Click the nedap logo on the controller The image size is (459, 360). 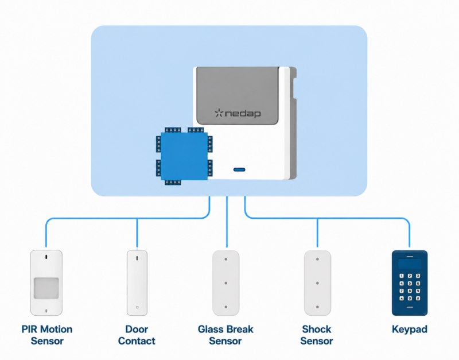[238, 113]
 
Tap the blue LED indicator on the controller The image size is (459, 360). [239, 169]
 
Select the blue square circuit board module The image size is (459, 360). [184, 156]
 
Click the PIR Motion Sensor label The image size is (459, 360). [47, 335]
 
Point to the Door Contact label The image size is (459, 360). [137, 335]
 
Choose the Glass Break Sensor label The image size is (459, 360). [225, 335]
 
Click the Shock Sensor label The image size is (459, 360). [317, 335]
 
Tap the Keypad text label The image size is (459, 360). [410, 329]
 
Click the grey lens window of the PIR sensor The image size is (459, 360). [46, 288]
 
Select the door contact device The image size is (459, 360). [137, 282]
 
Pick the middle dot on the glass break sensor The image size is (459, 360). [226, 283]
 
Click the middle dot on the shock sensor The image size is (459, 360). [317, 283]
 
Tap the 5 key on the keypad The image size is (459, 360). [410, 283]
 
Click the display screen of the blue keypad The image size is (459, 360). [410, 264]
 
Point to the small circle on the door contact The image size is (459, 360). [137, 307]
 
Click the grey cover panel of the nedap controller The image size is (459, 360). [238, 95]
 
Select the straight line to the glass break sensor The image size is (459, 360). [227, 222]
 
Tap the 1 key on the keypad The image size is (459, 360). [402, 276]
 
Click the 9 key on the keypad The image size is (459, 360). [418, 291]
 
